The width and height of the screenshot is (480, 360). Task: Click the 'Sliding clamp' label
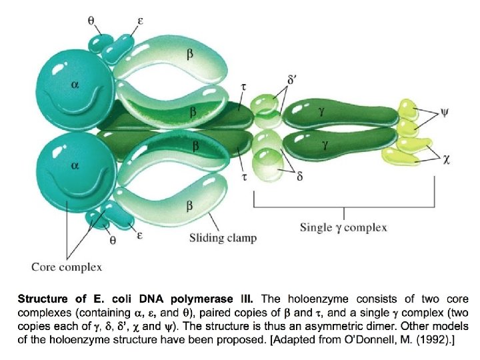point(223,237)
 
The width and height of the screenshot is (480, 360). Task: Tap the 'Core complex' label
point(67,267)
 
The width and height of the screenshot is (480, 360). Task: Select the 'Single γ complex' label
point(343,227)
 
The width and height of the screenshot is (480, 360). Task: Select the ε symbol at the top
point(140,21)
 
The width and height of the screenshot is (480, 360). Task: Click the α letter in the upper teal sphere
point(75,85)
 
